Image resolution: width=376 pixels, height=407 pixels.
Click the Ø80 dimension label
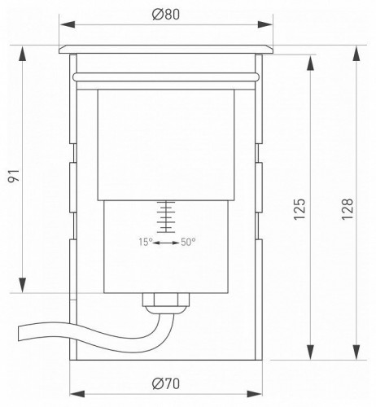click(x=166, y=15)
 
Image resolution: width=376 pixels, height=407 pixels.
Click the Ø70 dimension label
click(x=166, y=383)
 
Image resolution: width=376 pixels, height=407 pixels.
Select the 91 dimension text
click(x=14, y=176)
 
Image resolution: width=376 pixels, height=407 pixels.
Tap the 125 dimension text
click(x=299, y=209)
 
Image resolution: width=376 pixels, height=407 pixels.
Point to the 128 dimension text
click(x=348, y=209)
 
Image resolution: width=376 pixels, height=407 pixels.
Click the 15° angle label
click(x=146, y=242)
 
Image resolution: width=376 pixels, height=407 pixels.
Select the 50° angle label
click(x=188, y=242)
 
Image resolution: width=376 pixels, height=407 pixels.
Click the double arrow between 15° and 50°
click(x=166, y=243)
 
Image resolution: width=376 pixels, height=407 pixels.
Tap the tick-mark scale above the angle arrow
click(x=166, y=217)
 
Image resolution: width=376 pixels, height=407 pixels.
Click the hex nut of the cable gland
click(x=166, y=300)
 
